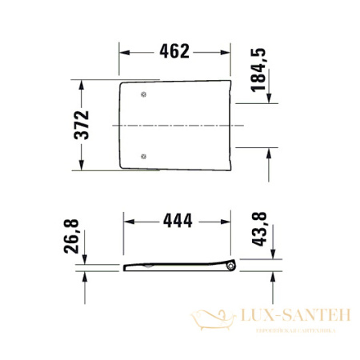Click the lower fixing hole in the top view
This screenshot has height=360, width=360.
point(144,155)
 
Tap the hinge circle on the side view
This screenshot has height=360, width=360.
point(231,266)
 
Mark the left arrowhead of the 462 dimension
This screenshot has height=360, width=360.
point(125,52)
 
